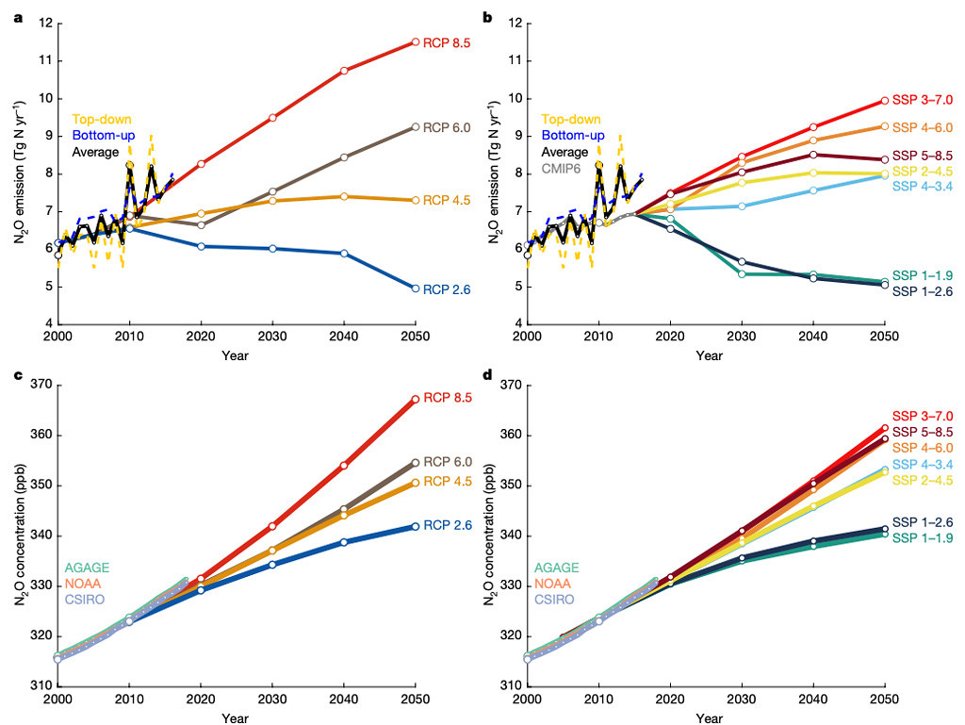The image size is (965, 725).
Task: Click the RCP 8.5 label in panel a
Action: pos(447,42)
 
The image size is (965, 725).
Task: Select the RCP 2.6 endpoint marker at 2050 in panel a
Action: pos(416,288)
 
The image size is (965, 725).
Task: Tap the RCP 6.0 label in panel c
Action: pos(448,462)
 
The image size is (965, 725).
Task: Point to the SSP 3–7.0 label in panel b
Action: pos(923,100)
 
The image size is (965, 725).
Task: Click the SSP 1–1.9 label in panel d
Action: pos(923,538)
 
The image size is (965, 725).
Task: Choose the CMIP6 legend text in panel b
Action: pos(561,168)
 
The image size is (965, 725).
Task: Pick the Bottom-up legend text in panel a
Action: pos(104,136)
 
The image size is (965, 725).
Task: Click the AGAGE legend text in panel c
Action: pos(87,568)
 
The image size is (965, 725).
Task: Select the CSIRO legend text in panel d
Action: pos(554,600)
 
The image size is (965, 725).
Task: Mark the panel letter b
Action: pos(487,17)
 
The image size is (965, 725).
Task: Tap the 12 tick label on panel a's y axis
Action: pos(47,24)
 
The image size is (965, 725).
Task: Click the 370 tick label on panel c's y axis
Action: pos(43,386)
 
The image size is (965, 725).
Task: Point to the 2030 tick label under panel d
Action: pos(742,699)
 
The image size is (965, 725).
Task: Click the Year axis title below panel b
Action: pos(709,355)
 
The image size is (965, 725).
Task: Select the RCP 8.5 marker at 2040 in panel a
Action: pos(344,71)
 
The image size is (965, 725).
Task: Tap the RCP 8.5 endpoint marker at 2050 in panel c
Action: pos(416,399)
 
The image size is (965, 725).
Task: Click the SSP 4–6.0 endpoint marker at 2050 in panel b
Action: pos(885,126)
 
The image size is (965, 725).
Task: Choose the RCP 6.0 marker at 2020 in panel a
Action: pos(201,224)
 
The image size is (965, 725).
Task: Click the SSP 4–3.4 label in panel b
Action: pos(923,186)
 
